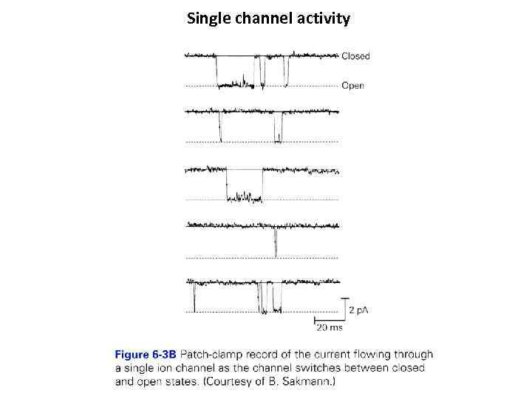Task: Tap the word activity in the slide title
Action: pos(322,18)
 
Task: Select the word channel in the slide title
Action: pos(262,18)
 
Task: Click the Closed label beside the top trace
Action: pos(355,56)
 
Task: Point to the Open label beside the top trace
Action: pos(352,86)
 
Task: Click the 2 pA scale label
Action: pos(358,310)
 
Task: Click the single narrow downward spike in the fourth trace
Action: pos(275,244)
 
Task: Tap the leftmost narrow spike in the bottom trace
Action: pos(194,299)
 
